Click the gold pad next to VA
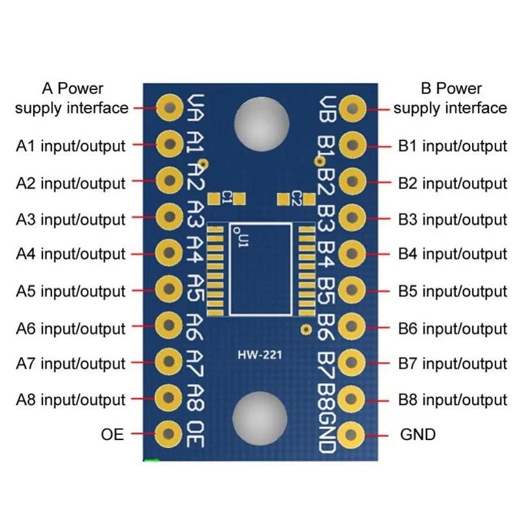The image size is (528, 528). tap(169, 108)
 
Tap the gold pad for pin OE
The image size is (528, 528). tap(169, 434)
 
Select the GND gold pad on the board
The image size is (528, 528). tap(352, 435)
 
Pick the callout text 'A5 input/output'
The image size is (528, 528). tap(71, 291)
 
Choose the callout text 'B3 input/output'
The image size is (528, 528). tap(452, 219)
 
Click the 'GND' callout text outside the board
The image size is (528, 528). tap(418, 435)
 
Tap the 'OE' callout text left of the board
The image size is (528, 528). tap(112, 435)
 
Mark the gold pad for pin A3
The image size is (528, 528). tap(169, 216)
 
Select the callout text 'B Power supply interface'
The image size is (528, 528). tap(450, 98)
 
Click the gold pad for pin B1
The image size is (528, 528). tap(352, 144)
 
